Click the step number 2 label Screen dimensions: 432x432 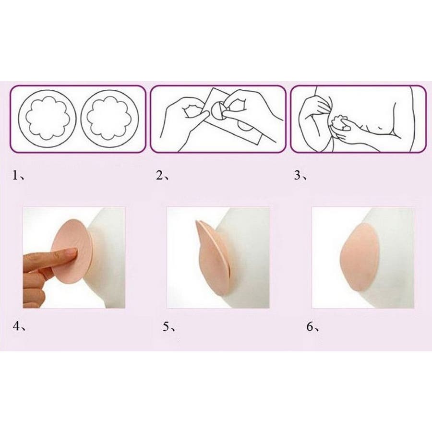coord(163,175)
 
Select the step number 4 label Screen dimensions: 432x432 coord(19,326)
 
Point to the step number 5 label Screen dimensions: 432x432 coord(169,327)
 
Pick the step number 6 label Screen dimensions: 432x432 coord(312,327)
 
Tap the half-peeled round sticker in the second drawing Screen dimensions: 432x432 coord(217,111)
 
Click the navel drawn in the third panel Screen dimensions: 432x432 coord(381,128)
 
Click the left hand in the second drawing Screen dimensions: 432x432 coord(183,114)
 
